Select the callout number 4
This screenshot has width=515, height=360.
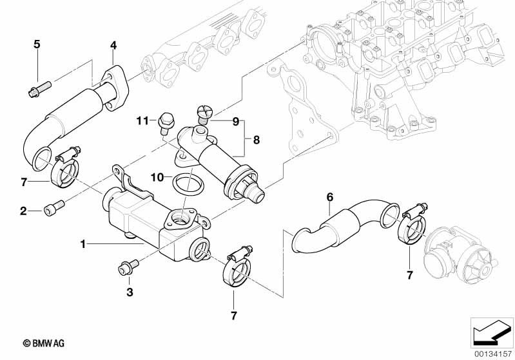click(x=113, y=45)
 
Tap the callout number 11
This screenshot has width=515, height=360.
click(x=142, y=120)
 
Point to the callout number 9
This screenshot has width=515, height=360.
click(x=235, y=120)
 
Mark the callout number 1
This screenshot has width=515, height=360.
click(x=83, y=244)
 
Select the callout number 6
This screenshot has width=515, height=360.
click(x=329, y=196)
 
